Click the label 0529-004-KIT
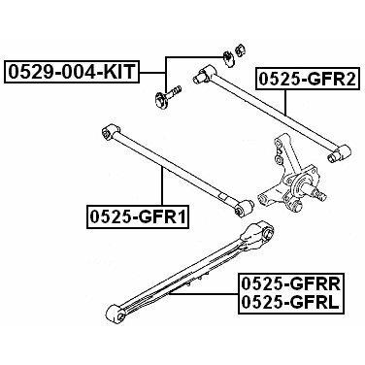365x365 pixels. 71,72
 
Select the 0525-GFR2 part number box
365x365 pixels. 308,79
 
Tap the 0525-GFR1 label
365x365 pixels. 138,216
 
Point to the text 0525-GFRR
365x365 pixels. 289,284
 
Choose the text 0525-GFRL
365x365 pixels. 289,303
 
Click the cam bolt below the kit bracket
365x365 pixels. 166,95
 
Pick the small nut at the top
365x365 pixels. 240,50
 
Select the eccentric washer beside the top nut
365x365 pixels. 228,58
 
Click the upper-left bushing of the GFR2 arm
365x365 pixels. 203,74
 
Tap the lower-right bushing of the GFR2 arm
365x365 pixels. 339,153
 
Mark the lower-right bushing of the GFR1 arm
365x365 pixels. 245,208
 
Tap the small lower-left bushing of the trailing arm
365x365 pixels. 115,313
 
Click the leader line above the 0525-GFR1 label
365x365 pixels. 162,186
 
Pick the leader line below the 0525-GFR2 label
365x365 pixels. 285,102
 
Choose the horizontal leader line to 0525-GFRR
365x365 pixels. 204,293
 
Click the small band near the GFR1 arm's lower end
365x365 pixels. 222,196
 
